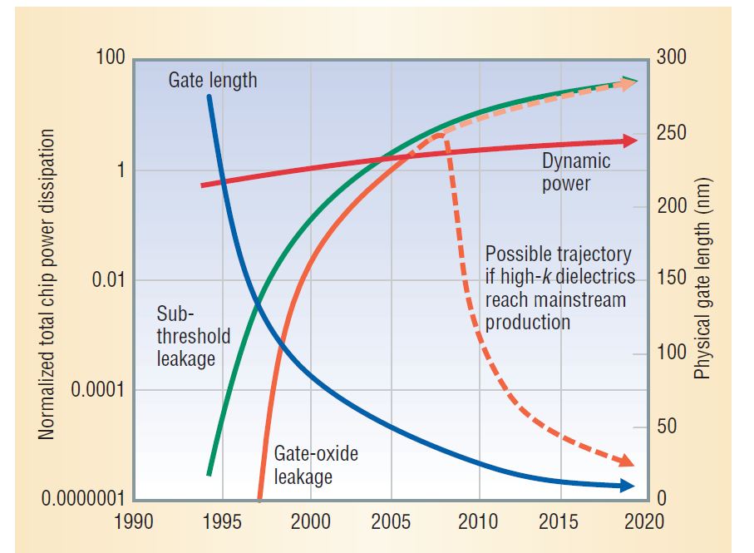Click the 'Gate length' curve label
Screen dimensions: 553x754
click(x=213, y=81)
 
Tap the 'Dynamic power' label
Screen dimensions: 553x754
click(x=575, y=172)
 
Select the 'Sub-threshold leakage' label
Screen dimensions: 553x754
click(x=186, y=337)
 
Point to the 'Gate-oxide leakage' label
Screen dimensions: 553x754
click(x=317, y=466)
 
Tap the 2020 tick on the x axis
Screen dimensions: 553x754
click(x=646, y=522)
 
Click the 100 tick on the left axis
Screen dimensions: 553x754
click(x=110, y=59)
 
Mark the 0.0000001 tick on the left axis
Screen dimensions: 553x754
click(x=82, y=500)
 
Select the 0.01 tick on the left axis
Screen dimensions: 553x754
click(x=107, y=279)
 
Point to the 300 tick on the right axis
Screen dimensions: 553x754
click(x=671, y=59)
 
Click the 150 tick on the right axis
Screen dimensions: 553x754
click(x=671, y=279)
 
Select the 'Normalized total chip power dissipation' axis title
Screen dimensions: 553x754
click(x=47, y=283)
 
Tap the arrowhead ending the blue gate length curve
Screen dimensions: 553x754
click(x=629, y=486)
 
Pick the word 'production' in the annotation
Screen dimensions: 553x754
click(x=528, y=322)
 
